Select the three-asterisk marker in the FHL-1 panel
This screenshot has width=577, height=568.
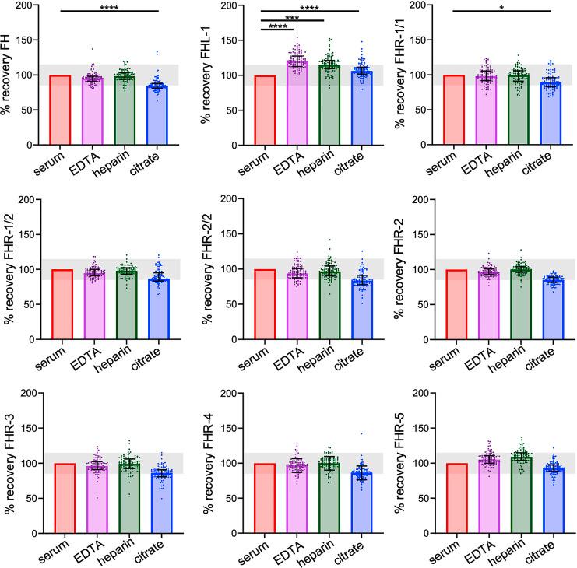tap(292, 17)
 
